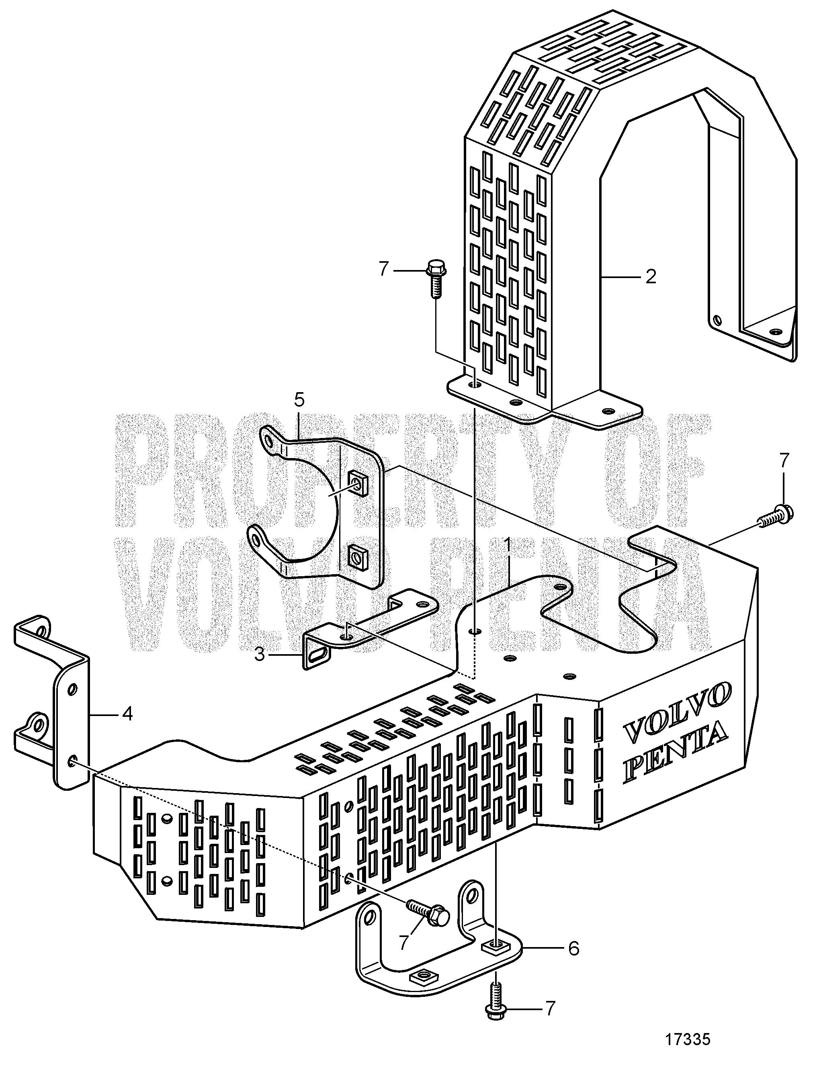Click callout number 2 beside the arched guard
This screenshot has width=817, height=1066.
tap(651, 277)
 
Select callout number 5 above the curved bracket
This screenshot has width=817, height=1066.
tap(299, 400)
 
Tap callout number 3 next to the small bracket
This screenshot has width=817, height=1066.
tap(260, 655)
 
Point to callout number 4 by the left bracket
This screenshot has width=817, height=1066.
tap(127, 714)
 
